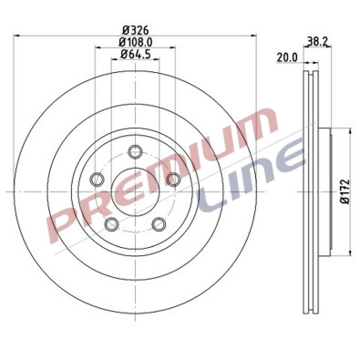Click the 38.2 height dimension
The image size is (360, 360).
tap(316, 41)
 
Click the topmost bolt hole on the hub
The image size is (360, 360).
tap(135, 151)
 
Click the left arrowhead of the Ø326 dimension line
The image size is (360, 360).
tap(17, 35)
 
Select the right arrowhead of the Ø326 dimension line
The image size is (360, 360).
tap(252, 35)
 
